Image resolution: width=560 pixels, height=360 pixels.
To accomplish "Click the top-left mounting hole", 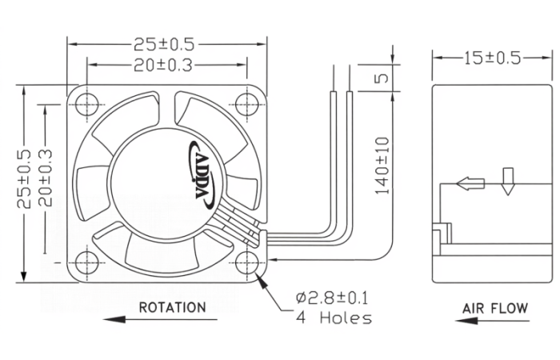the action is coord(87,104).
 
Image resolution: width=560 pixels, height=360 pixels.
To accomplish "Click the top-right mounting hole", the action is coord(247,104).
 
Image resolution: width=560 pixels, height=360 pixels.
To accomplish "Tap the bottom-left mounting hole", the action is coord(87,262).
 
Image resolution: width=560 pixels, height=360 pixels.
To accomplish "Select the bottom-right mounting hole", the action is coord(247,262).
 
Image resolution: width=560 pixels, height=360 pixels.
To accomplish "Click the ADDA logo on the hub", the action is coord(201,174).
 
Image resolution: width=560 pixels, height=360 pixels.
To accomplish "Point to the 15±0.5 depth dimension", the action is coord(493,58).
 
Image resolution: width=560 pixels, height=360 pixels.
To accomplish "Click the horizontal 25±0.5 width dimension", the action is coord(164,44).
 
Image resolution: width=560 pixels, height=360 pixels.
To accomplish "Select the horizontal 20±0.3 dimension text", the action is coord(163,66).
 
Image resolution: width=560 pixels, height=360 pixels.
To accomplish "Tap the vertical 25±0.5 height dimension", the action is coord(23,178).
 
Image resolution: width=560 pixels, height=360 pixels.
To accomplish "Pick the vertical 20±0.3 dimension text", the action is coord(46,178).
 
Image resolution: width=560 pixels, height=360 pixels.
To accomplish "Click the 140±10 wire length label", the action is coord(382,166).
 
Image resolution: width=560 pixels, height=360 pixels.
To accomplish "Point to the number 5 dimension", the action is coord(382,78).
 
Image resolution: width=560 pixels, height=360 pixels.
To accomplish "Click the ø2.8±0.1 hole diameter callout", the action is coord(332,298).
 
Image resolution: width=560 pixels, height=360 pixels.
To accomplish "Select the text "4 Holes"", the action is coord(334,318).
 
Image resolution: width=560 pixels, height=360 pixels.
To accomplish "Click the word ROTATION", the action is coord(172,307).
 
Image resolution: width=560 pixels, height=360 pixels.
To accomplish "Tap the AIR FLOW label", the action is coord(495,308).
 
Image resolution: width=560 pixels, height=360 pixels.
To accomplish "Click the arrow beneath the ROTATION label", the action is coord(160,319).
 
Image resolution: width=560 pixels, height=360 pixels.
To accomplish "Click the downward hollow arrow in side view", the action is coord(507,182).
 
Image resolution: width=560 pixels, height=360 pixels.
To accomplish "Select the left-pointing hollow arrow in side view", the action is coord(470,184).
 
